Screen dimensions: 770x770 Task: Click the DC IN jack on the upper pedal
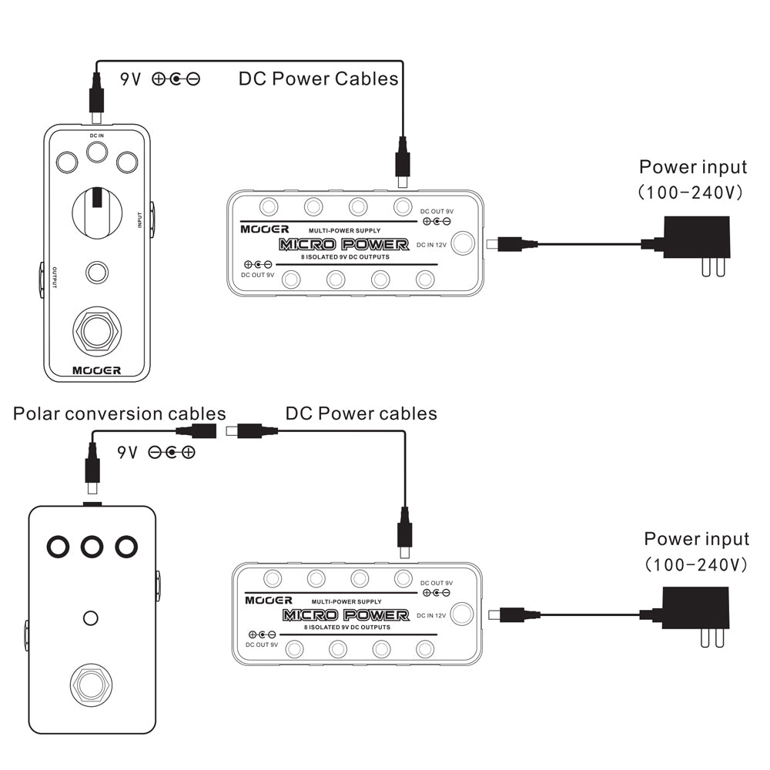pyautogui.click(x=96, y=152)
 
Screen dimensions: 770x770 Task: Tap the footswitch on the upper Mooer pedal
pyautogui.click(x=96, y=332)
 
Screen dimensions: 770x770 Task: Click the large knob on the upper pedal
pyautogui.click(x=96, y=209)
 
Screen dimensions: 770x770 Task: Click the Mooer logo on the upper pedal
pyautogui.click(x=96, y=370)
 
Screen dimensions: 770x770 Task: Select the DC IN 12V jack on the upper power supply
pyautogui.click(x=463, y=243)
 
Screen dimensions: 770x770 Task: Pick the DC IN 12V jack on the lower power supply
pyautogui.click(x=462, y=614)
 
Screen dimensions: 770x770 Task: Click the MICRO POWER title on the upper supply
pyautogui.click(x=343, y=244)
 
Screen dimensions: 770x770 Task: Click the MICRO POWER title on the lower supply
pyautogui.click(x=345, y=614)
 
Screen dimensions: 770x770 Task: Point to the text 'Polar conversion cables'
pyautogui.click(x=119, y=413)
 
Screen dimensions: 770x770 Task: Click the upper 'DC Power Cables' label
pyautogui.click(x=318, y=78)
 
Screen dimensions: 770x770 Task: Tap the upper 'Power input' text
pyautogui.click(x=693, y=167)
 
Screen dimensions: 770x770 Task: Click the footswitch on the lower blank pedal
pyautogui.click(x=92, y=684)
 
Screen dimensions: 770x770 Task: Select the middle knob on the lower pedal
pyautogui.click(x=92, y=547)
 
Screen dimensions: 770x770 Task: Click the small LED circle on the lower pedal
pyautogui.click(x=91, y=618)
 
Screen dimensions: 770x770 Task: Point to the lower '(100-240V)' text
pyautogui.click(x=696, y=564)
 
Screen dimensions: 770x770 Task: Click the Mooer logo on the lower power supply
pyautogui.click(x=269, y=600)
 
